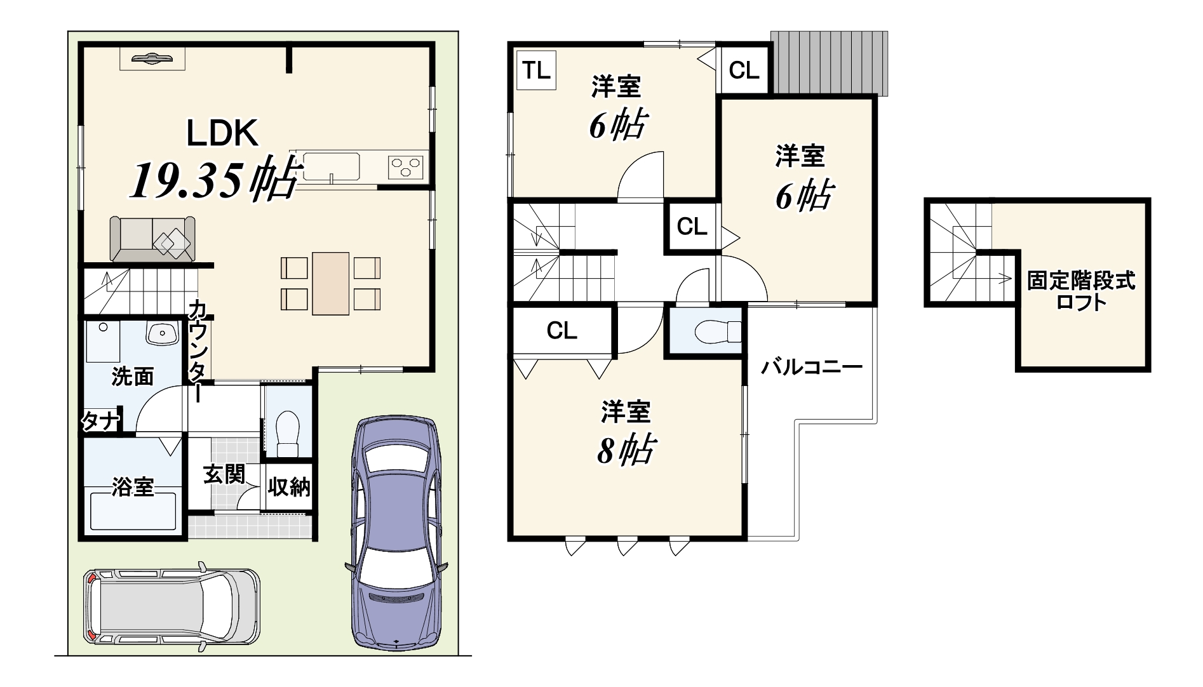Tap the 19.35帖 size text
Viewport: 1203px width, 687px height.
[x=213, y=180]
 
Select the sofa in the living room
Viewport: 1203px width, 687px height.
[x=152, y=239]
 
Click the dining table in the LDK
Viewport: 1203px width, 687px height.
[x=331, y=283]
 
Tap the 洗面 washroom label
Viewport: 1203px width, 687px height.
[x=133, y=377]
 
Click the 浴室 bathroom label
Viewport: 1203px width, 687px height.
[x=133, y=487]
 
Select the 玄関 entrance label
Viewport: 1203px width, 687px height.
[x=224, y=474]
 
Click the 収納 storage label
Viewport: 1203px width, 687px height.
[x=289, y=487]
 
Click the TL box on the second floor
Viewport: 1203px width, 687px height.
[x=537, y=70]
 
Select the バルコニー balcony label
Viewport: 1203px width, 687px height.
[x=812, y=368]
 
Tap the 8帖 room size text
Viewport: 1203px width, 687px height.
[x=626, y=450]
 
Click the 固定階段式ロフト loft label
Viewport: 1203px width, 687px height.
[x=1081, y=291]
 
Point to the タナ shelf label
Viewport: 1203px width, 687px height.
[x=98, y=421]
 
